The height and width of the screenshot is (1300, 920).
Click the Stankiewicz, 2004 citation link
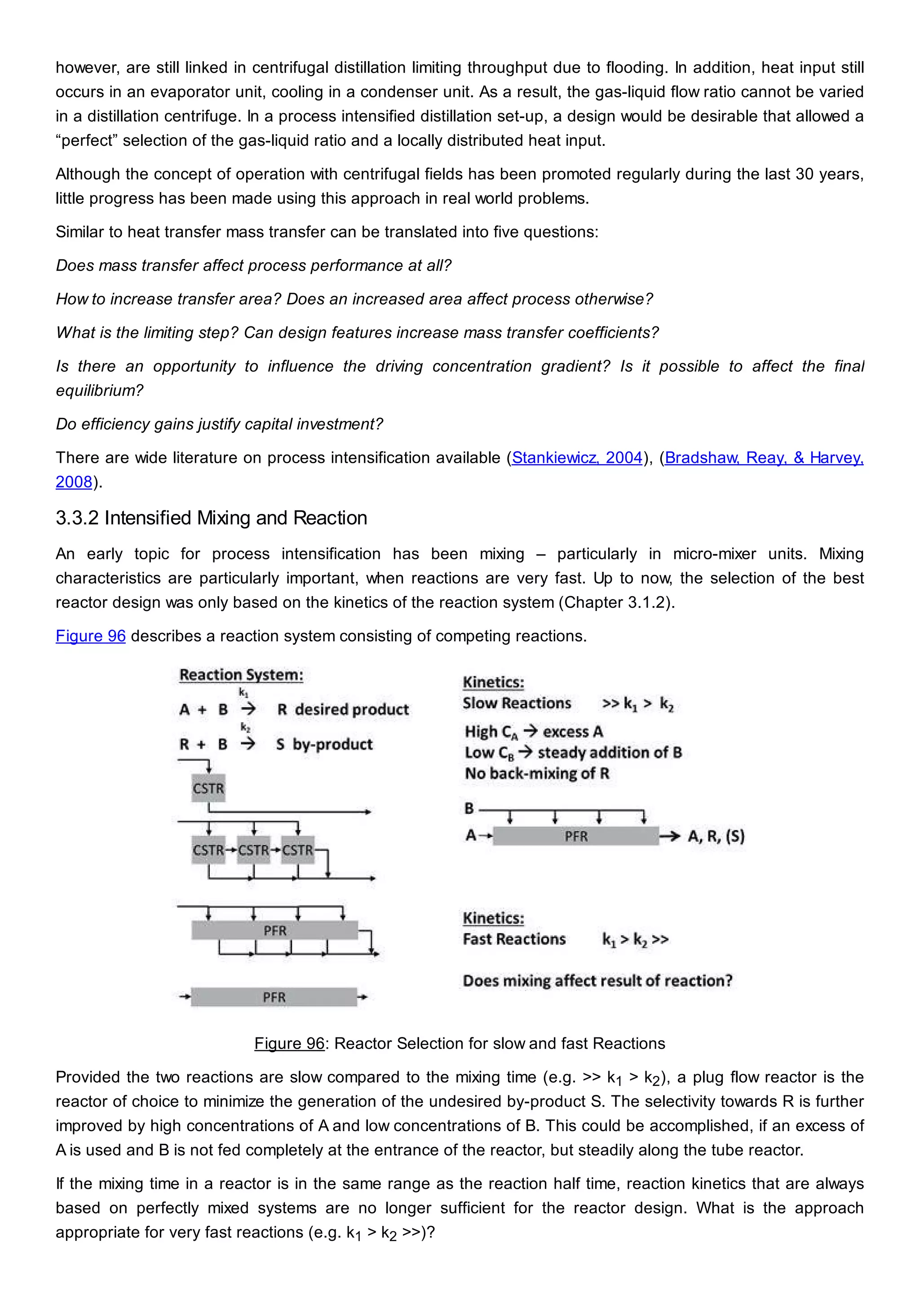click(577, 457)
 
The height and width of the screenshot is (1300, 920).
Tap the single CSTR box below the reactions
click(208, 788)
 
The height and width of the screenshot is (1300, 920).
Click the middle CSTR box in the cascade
click(253, 850)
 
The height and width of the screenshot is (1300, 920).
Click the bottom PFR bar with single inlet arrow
click(274, 997)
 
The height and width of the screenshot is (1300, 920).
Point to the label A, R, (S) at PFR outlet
click(716, 836)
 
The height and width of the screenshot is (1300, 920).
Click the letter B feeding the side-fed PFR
click(469, 808)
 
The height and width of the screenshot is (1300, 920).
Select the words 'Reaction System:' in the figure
click(241, 675)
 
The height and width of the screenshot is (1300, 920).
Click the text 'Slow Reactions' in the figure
click(517, 703)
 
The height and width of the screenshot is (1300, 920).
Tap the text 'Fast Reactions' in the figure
click(514, 940)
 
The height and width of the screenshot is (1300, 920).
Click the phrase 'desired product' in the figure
click(351, 709)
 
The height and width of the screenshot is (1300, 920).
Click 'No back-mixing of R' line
click(537, 773)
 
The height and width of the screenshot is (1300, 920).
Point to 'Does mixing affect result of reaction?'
click(597, 981)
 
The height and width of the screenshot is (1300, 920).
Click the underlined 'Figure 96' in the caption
click(289, 1044)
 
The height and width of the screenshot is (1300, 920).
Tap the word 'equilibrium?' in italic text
click(99, 391)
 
